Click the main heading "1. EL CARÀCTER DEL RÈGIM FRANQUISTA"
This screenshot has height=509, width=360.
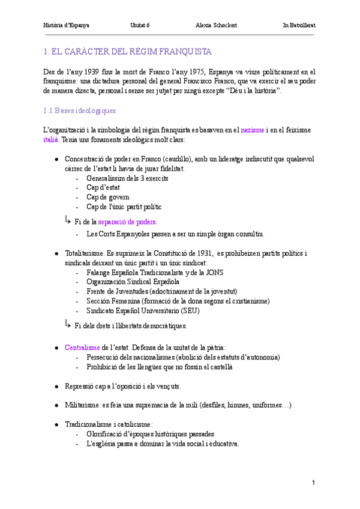(128, 52)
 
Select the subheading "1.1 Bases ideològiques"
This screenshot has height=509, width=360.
(80, 111)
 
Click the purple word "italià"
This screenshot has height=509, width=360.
(50, 139)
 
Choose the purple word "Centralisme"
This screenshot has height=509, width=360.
(82, 347)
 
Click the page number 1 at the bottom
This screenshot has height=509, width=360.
(313, 483)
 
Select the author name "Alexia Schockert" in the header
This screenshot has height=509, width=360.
(216, 25)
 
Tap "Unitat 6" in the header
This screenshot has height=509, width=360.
(140, 25)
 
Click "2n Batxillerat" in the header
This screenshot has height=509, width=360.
(299, 25)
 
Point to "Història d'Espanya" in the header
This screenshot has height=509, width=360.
(67, 25)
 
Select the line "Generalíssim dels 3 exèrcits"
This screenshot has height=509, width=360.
(127, 178)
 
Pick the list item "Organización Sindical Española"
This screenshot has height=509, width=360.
(133, 282)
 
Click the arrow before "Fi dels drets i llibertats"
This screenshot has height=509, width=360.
(68, 324)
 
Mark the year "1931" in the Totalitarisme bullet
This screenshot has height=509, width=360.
(201, 253)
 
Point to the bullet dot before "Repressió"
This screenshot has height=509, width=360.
(56, 386)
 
